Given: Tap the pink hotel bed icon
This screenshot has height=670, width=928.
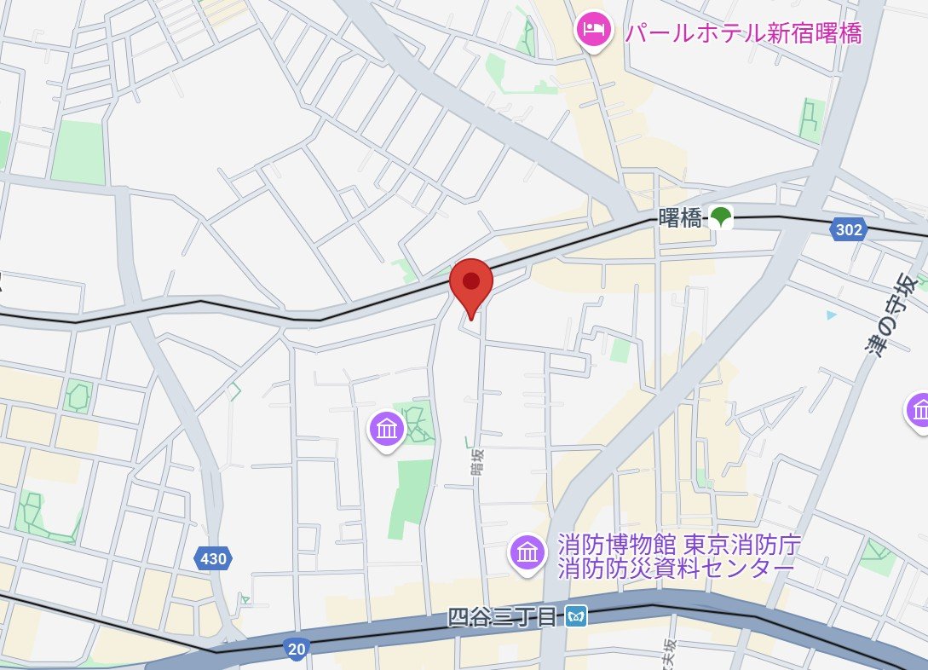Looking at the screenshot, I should pos(593,32).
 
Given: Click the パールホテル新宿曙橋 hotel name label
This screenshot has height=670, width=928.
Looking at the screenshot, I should pos(743,33).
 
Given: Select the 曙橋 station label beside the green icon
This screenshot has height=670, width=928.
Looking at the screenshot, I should pos(680,218).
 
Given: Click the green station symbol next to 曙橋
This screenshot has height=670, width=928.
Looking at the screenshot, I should pos(721,217).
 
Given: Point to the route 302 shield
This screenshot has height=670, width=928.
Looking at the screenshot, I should pos(849,228).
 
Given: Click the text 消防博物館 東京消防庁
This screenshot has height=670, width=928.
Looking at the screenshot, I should pos(679,544).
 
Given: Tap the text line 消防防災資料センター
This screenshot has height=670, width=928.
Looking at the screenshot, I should pos(676,568).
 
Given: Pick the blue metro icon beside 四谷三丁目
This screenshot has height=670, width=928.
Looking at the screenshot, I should pos(577,616).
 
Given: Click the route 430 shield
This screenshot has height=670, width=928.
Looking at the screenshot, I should pos(212,559).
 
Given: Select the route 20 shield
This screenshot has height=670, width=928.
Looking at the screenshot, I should pos(296,650).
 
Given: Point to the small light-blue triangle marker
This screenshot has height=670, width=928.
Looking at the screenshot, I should pos(832,315).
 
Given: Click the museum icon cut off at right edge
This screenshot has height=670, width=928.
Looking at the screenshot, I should pos(919,410).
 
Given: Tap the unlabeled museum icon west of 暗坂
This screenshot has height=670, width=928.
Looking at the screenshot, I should pos(387,429).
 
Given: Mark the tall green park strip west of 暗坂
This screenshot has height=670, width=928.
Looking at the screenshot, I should pos(412,498).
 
